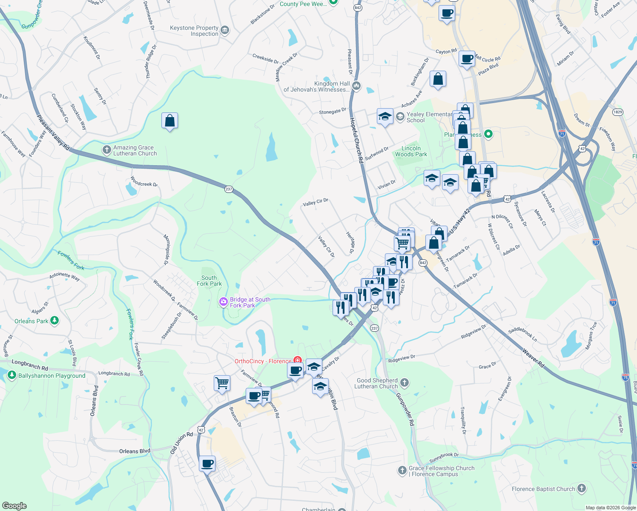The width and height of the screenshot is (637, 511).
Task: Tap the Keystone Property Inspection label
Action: pyautogui.click(x=194, y=31)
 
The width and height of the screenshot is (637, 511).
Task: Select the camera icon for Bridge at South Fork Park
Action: pyautogui.click(x=224, y=302)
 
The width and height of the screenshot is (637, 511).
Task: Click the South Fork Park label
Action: pyautogui.click(x=209, y=281)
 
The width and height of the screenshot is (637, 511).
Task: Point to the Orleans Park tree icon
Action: pyautogui.click(x=55, y=321)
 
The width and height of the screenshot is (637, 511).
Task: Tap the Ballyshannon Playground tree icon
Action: pyautogui.click(x=12, y=375)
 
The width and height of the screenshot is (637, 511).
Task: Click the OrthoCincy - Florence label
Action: pyautogui.click(x=263, y=361)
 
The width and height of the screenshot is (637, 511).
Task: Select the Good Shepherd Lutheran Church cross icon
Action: pyautogui.click(x=405, y=383)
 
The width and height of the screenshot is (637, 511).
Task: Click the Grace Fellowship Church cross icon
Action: pyautogui.click(x=402, y=471)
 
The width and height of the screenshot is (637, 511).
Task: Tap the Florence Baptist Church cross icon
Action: pyautogui.click(x=582, y=488)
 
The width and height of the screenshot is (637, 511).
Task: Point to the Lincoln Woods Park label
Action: pyautogui.click(x=411, y=151)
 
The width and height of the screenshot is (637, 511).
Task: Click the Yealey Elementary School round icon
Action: pyautogui.click(x=400, y=116)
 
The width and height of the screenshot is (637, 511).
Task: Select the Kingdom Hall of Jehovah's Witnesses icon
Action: pyautogui.click(x=357, y=86)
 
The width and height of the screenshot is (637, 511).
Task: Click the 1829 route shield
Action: pyautogui.click(x=618, y=112)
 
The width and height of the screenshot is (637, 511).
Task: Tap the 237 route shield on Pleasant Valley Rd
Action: pyautogui.click(x=229, y=189)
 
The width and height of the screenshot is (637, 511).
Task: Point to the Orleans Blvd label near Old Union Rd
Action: pyautogui.click(x=135, y=451)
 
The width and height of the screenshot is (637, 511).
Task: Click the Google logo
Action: pyautogui.click(x=14, y=505)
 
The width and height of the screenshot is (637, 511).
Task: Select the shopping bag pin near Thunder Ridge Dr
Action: pyautogui.click(x=169, y=121)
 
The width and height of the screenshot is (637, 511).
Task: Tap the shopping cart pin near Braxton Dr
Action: pyautogui.click(x=222, y=383)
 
